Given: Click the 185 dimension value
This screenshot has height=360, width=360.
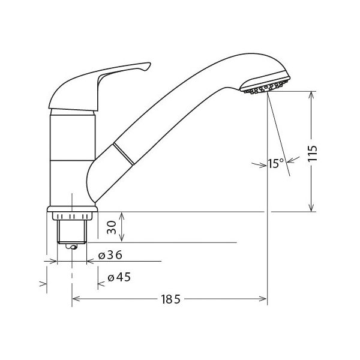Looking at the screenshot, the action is point(170,299).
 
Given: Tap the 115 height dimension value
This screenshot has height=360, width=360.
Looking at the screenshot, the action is point(313,153).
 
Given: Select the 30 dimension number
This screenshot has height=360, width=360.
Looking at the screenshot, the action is point(112,227).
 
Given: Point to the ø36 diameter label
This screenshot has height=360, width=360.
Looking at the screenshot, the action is point(110,255).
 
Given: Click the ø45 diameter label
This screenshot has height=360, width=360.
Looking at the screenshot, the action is point(119,277).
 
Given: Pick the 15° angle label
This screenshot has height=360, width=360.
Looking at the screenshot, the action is point(276,163).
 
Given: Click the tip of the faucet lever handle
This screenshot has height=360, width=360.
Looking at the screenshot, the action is point(149,64).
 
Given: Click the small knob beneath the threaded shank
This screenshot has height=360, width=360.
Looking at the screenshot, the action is point(71,247).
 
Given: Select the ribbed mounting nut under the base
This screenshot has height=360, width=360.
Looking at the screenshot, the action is point(72,216).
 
